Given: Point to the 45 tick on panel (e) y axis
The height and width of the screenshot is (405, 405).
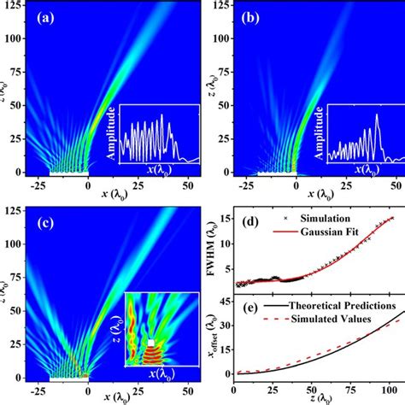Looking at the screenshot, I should click(x=224, y=300).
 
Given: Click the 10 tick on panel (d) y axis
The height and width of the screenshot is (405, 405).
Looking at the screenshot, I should click(x=224, y=247).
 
